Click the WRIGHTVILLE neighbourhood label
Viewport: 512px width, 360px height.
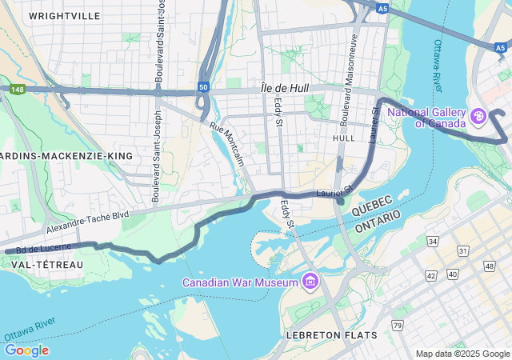point(65,15)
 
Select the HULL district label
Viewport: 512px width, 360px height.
point(343,138)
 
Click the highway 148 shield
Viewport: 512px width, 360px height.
point(17,90)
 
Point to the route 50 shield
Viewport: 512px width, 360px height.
point(204,86)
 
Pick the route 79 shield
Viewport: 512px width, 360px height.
point(398,325)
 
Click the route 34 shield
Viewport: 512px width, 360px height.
point(433,242)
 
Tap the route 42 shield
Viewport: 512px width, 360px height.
point(431,275)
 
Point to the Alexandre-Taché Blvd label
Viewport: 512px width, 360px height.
point(87,222)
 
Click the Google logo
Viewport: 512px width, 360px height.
point(26,350)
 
